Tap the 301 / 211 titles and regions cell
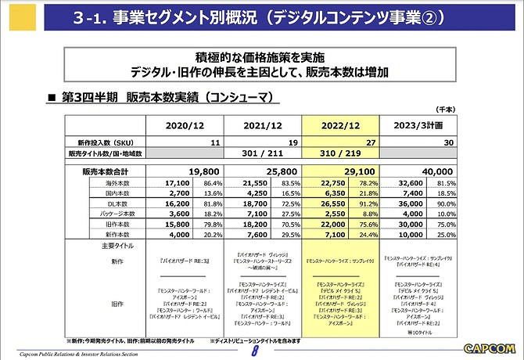coord(263,153)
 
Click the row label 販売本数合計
coord(109,170)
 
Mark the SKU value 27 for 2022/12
coord(368,143)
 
